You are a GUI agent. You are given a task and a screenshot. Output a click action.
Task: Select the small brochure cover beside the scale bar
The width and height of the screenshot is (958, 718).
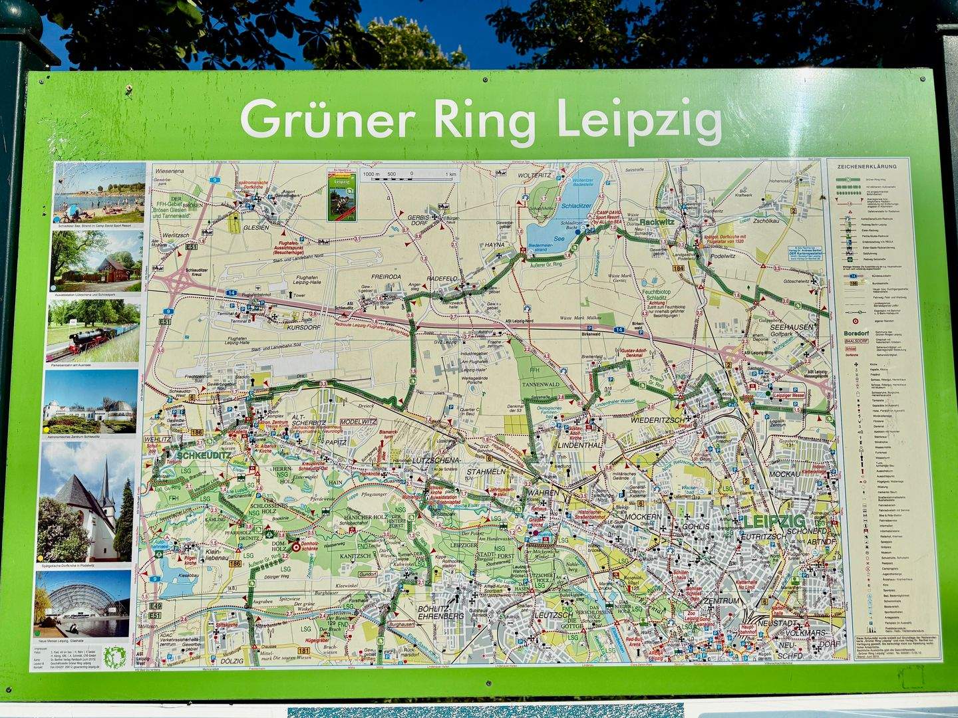pyautogui.click(x=341, y=195)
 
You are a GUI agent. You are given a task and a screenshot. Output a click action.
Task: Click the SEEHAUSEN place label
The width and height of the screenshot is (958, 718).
pyautogui.click(x=792, y=328)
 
